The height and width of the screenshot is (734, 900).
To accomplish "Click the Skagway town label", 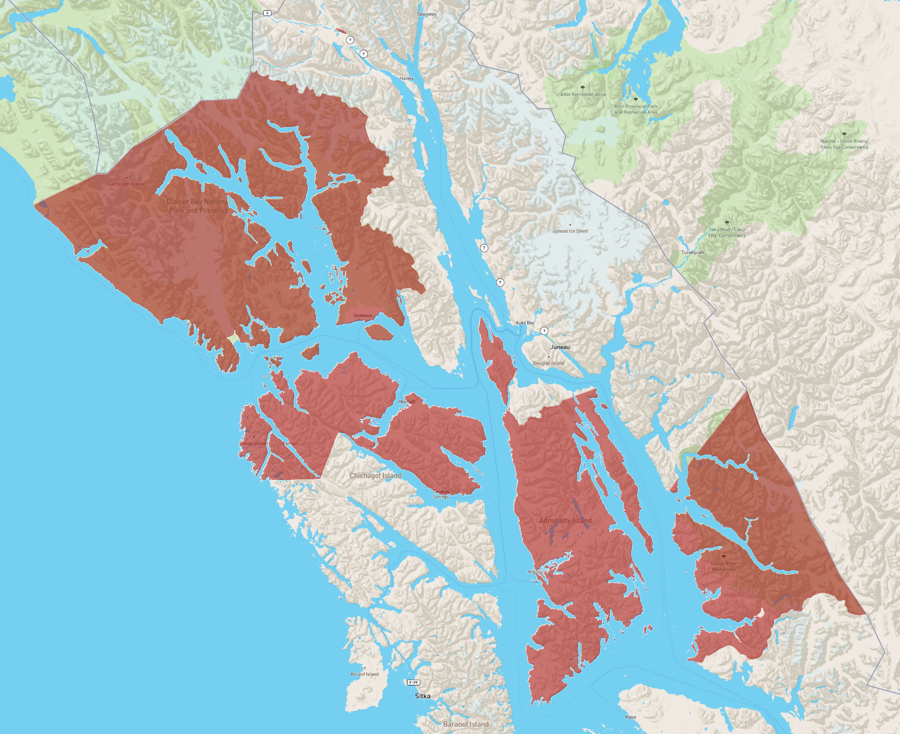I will tap(426, 14).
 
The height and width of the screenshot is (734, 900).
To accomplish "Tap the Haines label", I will tap(407, 78).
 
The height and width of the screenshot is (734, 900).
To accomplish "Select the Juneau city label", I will tap(560, 347).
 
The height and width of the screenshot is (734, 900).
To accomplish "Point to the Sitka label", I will tap(422, 696).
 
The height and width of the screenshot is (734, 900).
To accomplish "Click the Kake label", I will tap(631, 717).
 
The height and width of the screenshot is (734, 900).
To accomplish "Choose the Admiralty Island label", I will tap(565, 521).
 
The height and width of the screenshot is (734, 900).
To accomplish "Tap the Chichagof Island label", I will tap(375, 475).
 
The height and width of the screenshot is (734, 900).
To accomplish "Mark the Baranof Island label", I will tap(466, 724).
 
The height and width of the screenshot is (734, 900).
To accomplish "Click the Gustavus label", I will tap(363, 316).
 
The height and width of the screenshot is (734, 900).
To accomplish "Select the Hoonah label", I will tap(407, 401).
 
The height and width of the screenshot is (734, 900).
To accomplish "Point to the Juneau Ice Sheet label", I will tap(570, 231).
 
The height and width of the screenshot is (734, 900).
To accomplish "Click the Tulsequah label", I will tap(692, 252).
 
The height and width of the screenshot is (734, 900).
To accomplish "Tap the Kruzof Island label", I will tap(365, 674).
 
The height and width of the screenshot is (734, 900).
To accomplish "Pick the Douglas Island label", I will tap(548, 363).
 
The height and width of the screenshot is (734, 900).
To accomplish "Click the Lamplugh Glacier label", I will tap(126, 183).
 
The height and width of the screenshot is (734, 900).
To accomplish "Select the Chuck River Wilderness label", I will tap(723, 566).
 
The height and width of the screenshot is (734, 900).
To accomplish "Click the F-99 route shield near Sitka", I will tap(413, 683).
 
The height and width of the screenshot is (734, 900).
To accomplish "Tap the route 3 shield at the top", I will tap(267, 12).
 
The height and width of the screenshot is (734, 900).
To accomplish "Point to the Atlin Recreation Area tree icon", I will tap(582, 88).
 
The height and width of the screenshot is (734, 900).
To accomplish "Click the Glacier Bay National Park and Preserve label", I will tap(198, 206).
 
